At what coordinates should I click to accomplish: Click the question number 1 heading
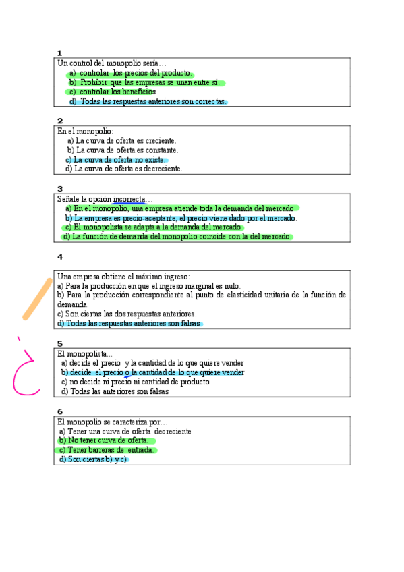pyautogui.click(x=59, y=53)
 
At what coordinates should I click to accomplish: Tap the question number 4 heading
pyautogui.click(x=60, y=257)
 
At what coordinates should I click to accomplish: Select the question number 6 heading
pyautogui.click(x=60, y=411)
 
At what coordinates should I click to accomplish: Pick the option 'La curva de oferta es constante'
pyautogui.click(x=123, y=150)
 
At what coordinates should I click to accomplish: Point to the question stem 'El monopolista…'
pyautogui.click(x=85, y=353)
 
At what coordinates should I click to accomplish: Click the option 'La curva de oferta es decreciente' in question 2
pyautogui.click(x=125, y=169)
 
